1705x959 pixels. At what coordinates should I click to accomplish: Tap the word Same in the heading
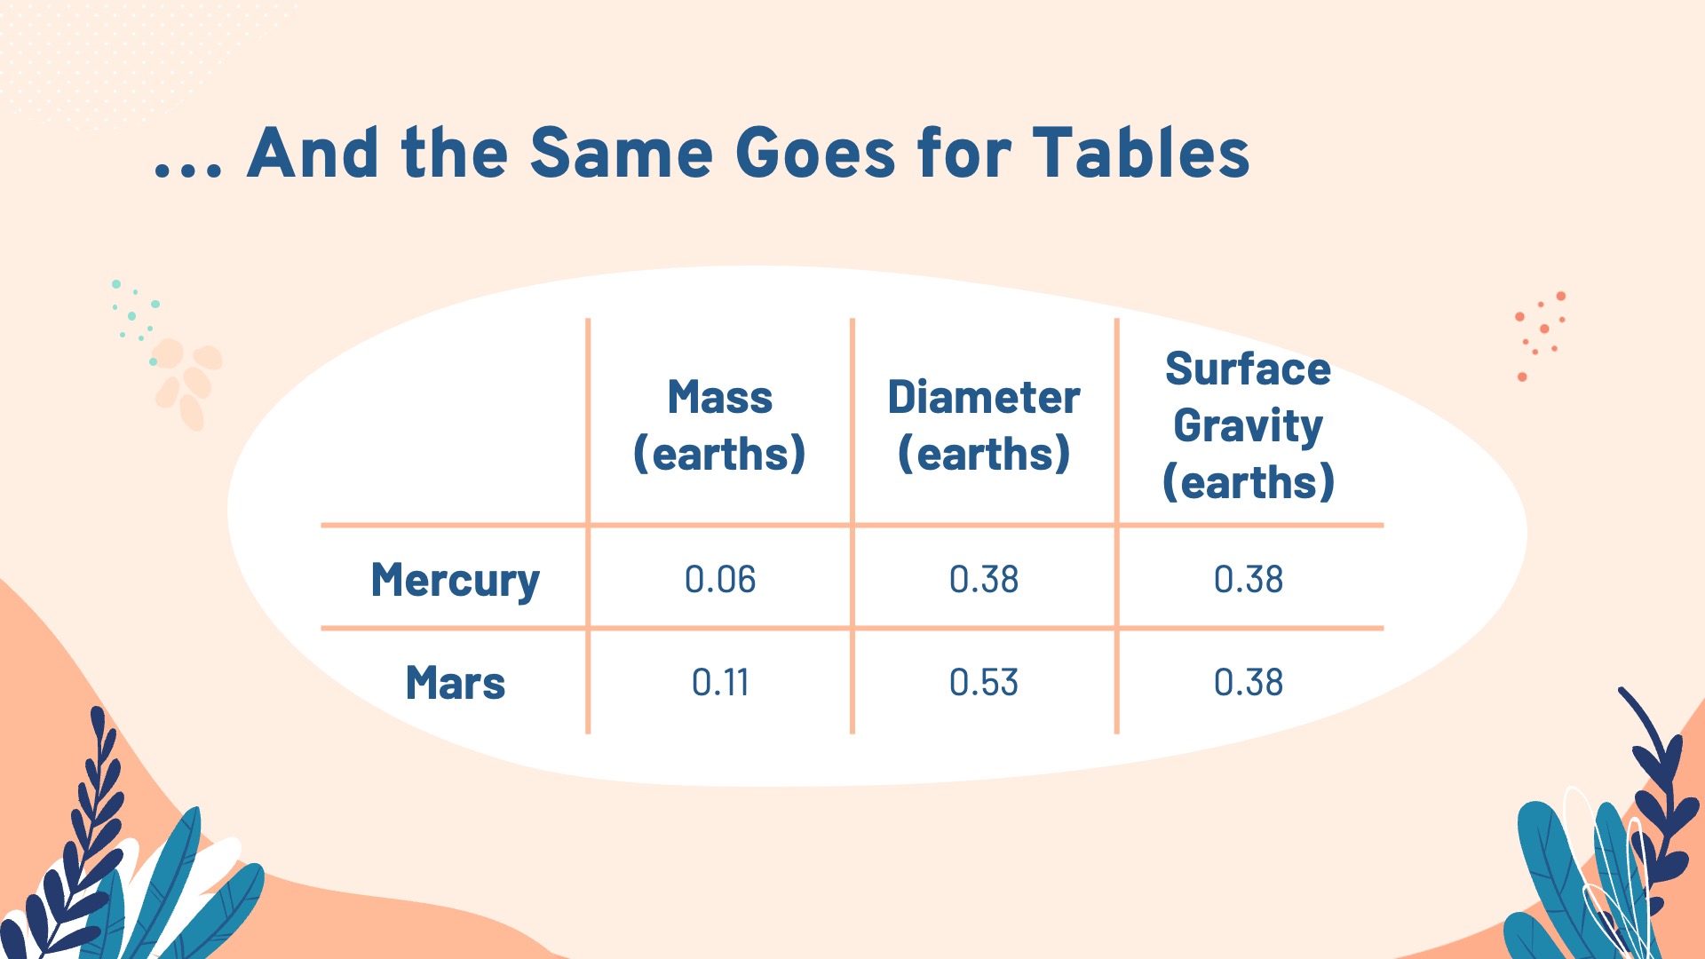(x=621, y=153)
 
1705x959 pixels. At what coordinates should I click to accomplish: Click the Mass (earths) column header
(x=719, y=425)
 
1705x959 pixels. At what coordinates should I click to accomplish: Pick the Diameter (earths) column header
(x=984, y=425)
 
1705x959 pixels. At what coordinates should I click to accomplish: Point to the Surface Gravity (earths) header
(x=1249, y=425)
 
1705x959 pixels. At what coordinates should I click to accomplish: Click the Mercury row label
(x=455, y=582)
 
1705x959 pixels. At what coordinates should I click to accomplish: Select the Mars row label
(x=455, y=683)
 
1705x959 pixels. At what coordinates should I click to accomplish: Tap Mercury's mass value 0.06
(x=720, y=580)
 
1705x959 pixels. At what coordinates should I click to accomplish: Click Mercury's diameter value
(x=984, y=580)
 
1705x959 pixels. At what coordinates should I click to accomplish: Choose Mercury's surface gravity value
(x=1249, y=580)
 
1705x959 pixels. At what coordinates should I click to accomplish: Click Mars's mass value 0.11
(x=720, y=683)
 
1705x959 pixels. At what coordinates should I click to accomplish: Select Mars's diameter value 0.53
(x=984, y=683)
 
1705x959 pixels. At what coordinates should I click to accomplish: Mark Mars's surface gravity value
(x=1249, y=683)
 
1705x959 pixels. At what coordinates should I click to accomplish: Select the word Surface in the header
(x=1249, y=369)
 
